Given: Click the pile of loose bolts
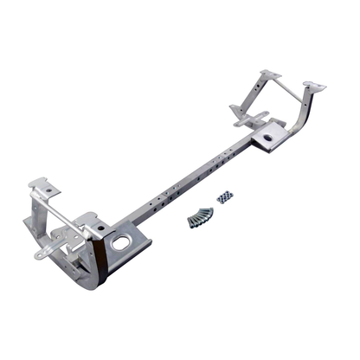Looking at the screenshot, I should (x=200, y=216).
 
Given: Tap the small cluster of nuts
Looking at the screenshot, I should (x=226, y=198).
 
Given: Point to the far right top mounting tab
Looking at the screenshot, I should (x=316, y=86).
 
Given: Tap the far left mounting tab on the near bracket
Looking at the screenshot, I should (x=41, y=186).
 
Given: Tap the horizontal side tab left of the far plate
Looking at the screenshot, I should (x=241, y=112).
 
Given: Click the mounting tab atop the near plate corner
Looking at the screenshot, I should (x=91, y=224).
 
